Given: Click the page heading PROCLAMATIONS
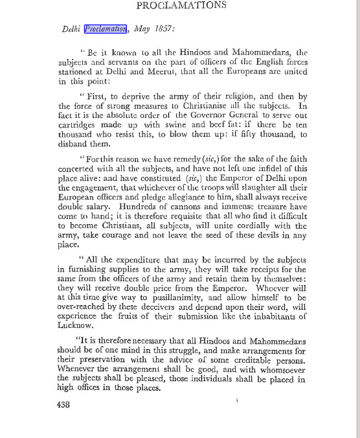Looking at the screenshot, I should coord(181,5).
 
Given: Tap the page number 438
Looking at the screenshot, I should coord(63,404).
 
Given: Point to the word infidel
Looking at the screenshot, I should coord(257,170).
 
